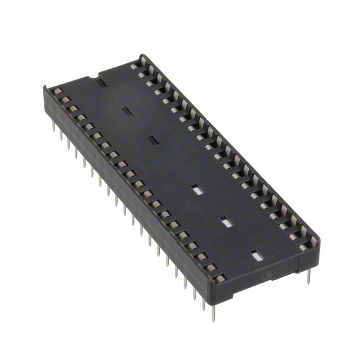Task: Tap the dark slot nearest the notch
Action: point(102,84)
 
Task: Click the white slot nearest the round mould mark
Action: point(256,256)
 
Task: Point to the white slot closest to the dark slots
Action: point(196,190)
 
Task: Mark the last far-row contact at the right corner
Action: point(304,246)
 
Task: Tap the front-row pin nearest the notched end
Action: point(53,127)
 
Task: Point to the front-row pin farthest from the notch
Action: point(214,313)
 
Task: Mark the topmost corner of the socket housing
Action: point(141,55)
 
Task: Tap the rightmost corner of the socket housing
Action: point(319,239)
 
